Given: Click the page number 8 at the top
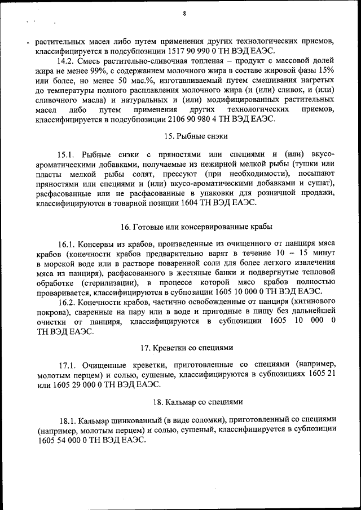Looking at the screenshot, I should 184,14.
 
